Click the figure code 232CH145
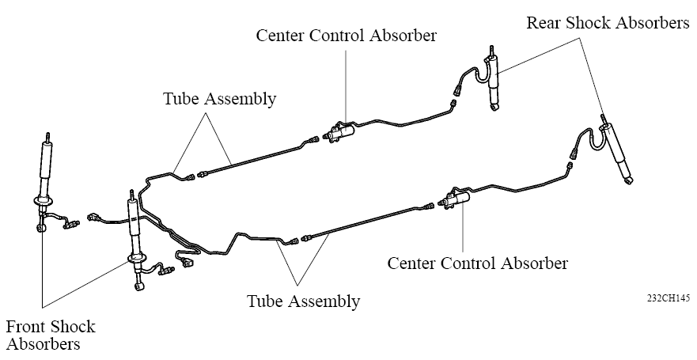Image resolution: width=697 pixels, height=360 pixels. click(x=668, y=297)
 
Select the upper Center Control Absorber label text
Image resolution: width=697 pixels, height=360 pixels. click(x=347, y=36)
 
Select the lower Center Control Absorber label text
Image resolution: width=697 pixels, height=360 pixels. click(x=478, y=263)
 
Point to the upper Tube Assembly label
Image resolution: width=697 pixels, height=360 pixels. click(x=220, y=99)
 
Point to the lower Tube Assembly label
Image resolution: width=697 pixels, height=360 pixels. click(x=304, y=301)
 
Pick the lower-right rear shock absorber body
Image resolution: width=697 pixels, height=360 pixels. click(x=616, y=151)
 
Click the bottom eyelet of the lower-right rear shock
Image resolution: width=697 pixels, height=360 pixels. click(x=629, y=180)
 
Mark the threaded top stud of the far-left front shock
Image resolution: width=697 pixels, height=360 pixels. click(x=48, y=136)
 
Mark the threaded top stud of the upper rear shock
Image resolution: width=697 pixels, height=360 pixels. click(x=491, y=50)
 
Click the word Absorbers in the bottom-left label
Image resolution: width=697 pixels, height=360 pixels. click(x=44, y=344)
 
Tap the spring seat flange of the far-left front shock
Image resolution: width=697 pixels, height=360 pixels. click(x=44, y=202)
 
